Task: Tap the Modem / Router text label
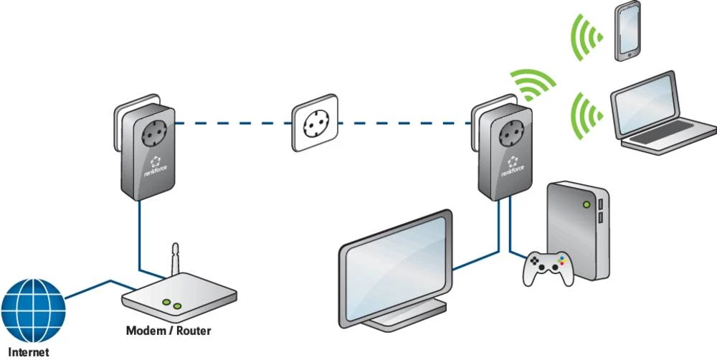168,331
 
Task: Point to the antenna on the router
173,262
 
